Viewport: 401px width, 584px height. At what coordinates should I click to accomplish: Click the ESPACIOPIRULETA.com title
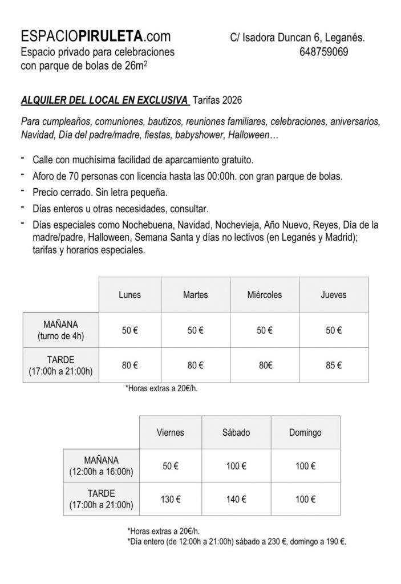pos(95,37)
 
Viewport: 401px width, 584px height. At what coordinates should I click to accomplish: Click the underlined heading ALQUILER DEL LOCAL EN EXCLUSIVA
pos(104,100)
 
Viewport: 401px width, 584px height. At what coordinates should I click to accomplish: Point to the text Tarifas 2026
pos(217,100)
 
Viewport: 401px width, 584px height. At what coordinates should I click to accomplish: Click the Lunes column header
pos(129,295)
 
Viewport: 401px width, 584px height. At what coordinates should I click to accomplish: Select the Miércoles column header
pos(265,295)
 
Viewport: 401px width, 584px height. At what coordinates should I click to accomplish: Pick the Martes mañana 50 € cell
pos(195,330)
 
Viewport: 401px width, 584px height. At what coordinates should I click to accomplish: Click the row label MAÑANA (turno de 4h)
pos(60,330)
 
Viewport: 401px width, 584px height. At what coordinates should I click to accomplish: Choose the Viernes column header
pos(170,433)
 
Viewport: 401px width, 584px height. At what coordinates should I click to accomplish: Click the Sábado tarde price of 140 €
pos(236,499)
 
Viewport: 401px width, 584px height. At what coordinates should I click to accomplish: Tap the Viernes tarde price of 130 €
pos(170,499)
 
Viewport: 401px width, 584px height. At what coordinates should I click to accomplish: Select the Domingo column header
pos(305,433)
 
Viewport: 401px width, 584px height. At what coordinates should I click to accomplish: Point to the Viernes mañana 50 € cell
pos(170,467)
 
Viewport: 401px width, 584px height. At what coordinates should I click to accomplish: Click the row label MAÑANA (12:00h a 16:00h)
pos(101,467)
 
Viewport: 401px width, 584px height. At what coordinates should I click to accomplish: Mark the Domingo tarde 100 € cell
pos(305,499)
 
